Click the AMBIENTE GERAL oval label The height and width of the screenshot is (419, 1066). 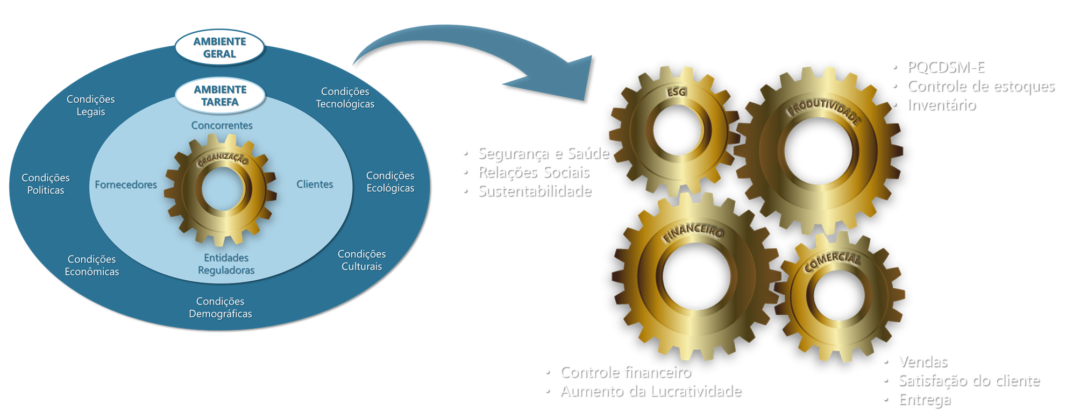click(219, 48)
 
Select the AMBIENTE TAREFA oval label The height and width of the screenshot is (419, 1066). click(220, 96)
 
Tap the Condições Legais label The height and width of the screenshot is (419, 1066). click(90, 105)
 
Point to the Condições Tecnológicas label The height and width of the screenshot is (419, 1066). click(345, 98)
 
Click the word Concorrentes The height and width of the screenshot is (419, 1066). click(222, 125)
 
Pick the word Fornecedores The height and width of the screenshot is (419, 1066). click(126, 184)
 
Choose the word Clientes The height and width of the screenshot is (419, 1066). click(315, 184)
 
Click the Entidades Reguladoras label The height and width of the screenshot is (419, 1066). click(226, 264)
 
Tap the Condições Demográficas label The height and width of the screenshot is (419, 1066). click(220, 308)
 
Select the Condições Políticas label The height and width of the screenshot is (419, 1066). click(46, 184)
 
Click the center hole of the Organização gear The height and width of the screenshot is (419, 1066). click(221, 189)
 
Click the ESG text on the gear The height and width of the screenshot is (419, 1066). click(676, 92)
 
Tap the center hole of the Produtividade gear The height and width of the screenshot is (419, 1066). click(818, 151)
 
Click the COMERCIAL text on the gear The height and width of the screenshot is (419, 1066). click(832, 261)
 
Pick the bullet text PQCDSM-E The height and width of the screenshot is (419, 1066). click(945, 67)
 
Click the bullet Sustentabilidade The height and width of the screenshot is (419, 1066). click(534, 190)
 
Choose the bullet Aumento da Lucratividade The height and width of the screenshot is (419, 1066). click(650, 390)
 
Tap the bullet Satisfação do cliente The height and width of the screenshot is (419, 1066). click(968, 380)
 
